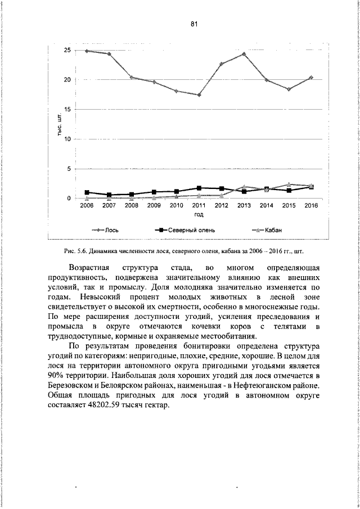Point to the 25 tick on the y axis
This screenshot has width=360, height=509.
pos(67,50)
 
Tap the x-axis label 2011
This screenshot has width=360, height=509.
pos(199,206)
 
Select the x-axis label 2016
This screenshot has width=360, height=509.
pos(311,206)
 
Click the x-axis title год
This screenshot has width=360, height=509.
pos(199,215)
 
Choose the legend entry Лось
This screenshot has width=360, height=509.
pos(111,230)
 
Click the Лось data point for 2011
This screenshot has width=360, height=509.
pos(199,95)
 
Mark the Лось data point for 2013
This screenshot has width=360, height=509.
pos(244,54)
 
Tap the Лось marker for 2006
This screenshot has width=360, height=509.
pos(87,51)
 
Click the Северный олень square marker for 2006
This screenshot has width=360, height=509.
pos(87,192)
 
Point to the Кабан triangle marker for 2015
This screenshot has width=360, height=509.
pos(289,184)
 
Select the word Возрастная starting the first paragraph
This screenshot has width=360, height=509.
pos(90,267)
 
